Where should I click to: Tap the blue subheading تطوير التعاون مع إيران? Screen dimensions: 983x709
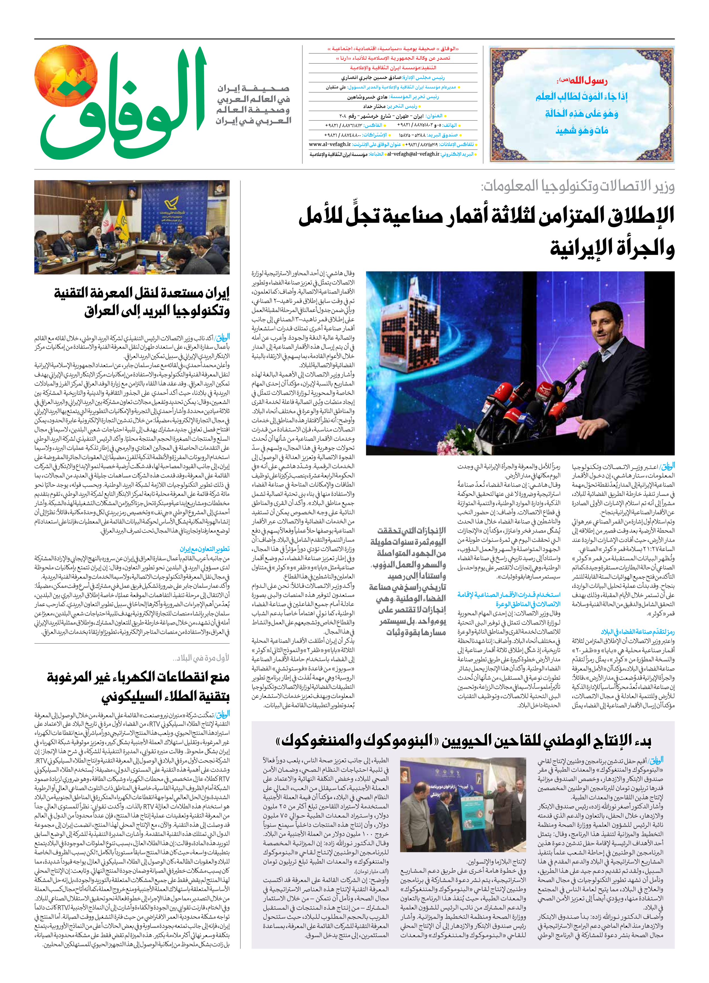pos(205,549)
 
